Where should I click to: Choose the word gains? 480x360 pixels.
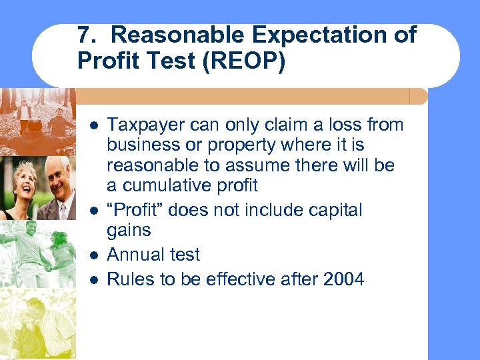click(x=129, y=231)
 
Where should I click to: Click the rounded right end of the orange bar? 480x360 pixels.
click(x=421, y=97)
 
